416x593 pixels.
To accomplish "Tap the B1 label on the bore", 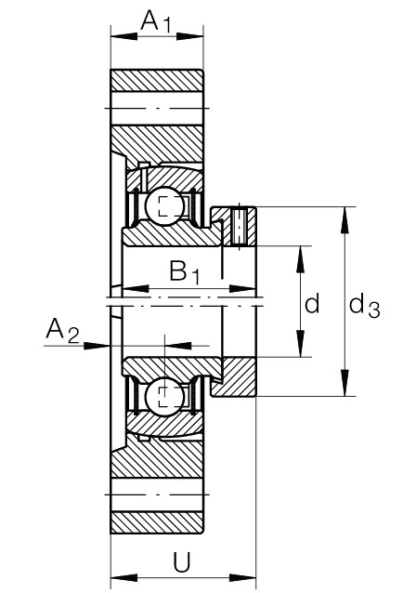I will [x=184, y=272].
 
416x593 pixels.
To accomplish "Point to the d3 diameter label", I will [x=364, y=305].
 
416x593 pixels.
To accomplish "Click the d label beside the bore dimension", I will [x=313, y=303].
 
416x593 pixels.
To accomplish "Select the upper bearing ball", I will [x=166, y=206].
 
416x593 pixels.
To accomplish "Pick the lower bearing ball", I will [x=166, y=397].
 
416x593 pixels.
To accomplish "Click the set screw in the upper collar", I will [x=241, y=226].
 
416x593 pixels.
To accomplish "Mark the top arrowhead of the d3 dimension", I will [x=345, y=216].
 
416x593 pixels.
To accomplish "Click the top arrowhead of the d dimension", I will [x=300, y=254].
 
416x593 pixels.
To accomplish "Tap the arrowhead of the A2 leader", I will [x=102, y=346].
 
